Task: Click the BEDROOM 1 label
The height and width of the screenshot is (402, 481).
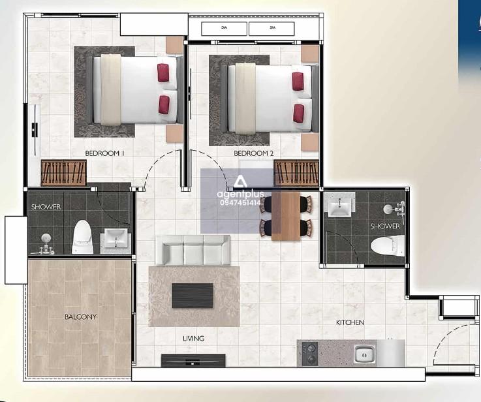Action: [x=104, y=153]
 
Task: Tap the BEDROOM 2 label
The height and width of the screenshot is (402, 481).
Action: [x=253, y=153]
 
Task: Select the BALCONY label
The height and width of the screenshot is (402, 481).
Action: [x=80, y=317]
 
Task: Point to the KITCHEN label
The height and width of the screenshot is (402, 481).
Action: [x=350, y=322]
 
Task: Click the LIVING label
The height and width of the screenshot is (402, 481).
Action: [x=193, y=339]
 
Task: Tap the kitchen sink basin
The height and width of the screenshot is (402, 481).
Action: [x=364, y=354]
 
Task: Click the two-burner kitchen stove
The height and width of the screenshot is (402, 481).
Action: [x=309, y=354]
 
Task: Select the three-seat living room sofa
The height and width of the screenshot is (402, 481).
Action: [x=193, y=250]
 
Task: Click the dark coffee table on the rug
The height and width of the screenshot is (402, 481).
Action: [x=193, y=296]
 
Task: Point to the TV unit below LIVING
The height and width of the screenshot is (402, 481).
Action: [x=193, y=360]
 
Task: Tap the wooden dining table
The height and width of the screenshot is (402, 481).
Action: [x=286, y=216]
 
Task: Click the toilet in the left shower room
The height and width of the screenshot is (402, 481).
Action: [x=82, y=237]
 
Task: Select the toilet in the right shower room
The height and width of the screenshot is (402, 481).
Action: [x=388, y=246]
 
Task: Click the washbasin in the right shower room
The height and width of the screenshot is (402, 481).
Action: [x=339, y=206]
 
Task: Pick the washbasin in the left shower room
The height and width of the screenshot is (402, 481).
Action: [x=116, y=238]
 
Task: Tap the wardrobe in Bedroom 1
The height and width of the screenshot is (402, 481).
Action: [x=63, y=173]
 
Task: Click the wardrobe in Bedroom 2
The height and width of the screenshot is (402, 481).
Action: [x=296, y=173]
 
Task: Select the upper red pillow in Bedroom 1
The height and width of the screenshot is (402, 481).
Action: [x=163, y=73]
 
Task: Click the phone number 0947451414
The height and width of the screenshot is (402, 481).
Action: [x=240, y=203]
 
